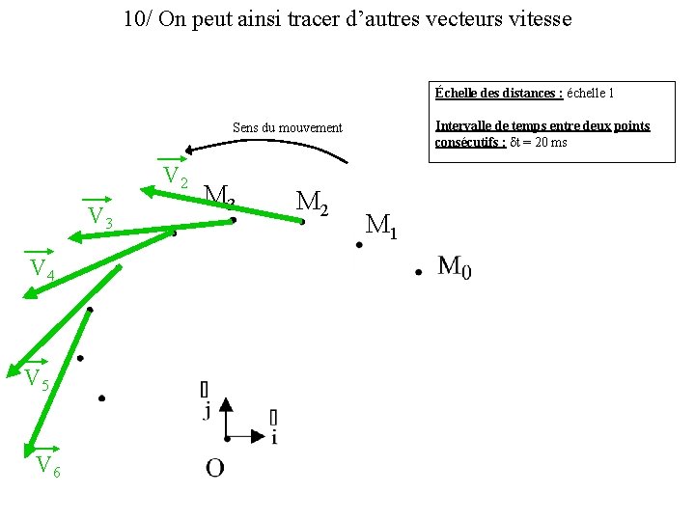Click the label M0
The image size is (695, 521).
pos(455,266)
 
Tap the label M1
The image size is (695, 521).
pos(381,226)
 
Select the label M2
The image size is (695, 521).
pos(312,202)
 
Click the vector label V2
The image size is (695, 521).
pos(175,176)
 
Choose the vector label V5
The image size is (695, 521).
pos(37,378)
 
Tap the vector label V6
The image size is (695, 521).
pos(47,466)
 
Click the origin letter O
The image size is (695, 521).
pos(214,468)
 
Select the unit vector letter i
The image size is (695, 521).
pos(274,437)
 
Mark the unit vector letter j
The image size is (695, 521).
pos(206,412)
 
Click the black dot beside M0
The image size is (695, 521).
pos(418,273)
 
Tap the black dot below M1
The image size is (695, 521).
pos(358,245)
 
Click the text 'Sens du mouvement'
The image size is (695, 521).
pos(288,127)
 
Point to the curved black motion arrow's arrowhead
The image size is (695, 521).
pos(190,150)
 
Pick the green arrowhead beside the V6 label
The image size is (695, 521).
pos(31,446)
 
